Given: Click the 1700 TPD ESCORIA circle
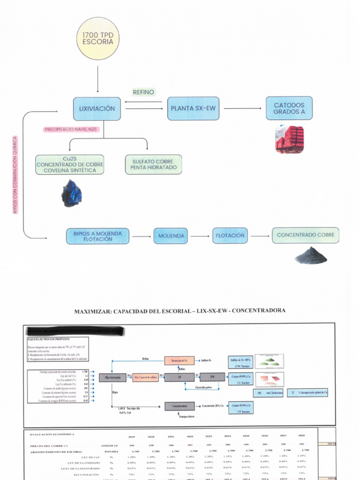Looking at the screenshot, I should pyautogui.click(x=97, y=38).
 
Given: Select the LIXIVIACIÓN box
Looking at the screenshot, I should pyautogui.click(x=97, y=108).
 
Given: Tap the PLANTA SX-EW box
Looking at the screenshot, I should pyautogui.click(x=193, y=108).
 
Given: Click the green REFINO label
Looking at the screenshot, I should pyautogui.click(x=143, y=92).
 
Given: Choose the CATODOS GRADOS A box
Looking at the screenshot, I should pyautogui.click(x=289, y=108).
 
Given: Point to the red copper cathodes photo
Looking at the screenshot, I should pyautogui.click(x=289, y=139).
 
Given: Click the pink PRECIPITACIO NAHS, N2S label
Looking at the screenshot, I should pyautogui.click(x=71, y=129).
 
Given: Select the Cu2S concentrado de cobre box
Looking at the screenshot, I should pyautogui.click(x=69, y=165).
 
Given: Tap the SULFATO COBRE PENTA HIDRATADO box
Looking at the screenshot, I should pyautogui.click(x=153, y=165).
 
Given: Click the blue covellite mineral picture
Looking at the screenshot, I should pyautogui.click(x=72, y=193).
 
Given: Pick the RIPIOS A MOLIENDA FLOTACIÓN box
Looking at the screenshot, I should pyautogui.click(x=97, y=236).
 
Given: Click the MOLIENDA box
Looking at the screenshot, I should pyautogui.click(x=171, y=236).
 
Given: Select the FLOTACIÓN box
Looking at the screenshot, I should pyautogui.click(x=230, y=235).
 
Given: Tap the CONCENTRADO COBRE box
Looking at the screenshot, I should pyautogui.click(x=305, y=235).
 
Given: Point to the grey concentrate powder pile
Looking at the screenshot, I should pyautogui.click(x=311, y=255).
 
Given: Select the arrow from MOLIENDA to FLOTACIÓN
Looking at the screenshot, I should pyautogui.click(x=200, y=236).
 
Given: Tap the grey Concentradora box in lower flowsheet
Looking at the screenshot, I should pyautogui.click(x=180, y=406).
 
